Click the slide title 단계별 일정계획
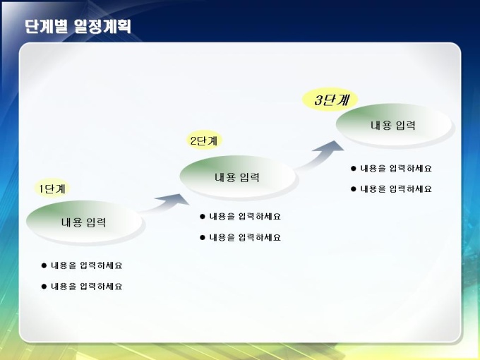[x=78, y=26]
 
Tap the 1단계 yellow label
[x=52, y=188]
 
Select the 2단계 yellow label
[x=204, y=140]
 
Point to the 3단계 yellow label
[x=330, y=100]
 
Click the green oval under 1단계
[x=84, y=222]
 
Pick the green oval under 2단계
[x=238, y=177]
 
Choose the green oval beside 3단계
[x=394, y=125]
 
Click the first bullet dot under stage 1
[x=44, y=265]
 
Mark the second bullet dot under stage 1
[x=44, y=287]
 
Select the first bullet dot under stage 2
[x=203, y=217]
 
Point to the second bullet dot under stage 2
[x=203, y=238]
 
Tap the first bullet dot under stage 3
[x=354, y=169]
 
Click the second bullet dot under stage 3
[x=354, y=189]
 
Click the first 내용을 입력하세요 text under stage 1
[x=87, y=265]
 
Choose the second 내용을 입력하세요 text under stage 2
[x=245, y=238]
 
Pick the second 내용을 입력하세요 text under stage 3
[x=396, y=189]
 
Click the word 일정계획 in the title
[x=102, y=26]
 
